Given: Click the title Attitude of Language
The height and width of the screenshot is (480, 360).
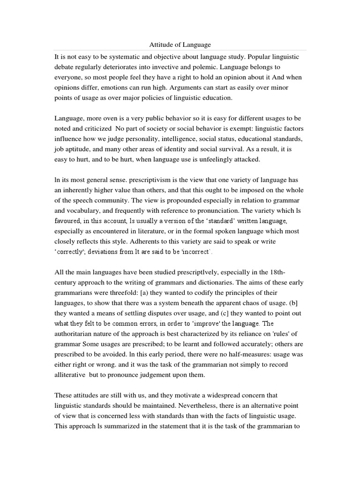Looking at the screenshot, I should click(180, 45).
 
